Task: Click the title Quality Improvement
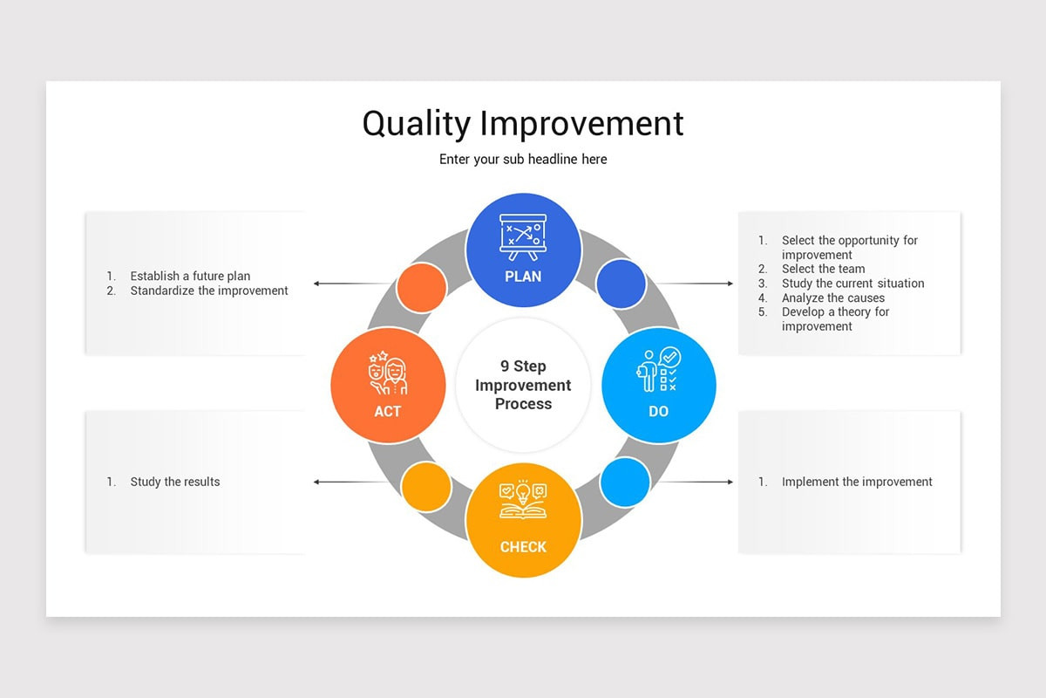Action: point(523,123)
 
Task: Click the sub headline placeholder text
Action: point(523,160)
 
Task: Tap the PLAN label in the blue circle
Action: point(523,277)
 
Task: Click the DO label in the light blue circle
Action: point(658,411)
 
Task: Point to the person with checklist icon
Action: point(657,370)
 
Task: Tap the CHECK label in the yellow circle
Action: point(523,547)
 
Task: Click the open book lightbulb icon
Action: point(523,501)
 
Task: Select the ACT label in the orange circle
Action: point(387,411)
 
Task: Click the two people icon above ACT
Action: point(388,372)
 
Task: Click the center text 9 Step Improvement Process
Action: point(523,385)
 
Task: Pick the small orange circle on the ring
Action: point(422,287)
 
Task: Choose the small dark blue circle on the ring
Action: point(621,284)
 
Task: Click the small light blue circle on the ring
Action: point(625,482)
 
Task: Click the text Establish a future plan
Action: point(190,277)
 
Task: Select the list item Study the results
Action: point(175,482)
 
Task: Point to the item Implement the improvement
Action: point(857,482)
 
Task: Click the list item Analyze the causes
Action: point(832,298)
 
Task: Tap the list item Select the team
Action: point(823,269)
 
